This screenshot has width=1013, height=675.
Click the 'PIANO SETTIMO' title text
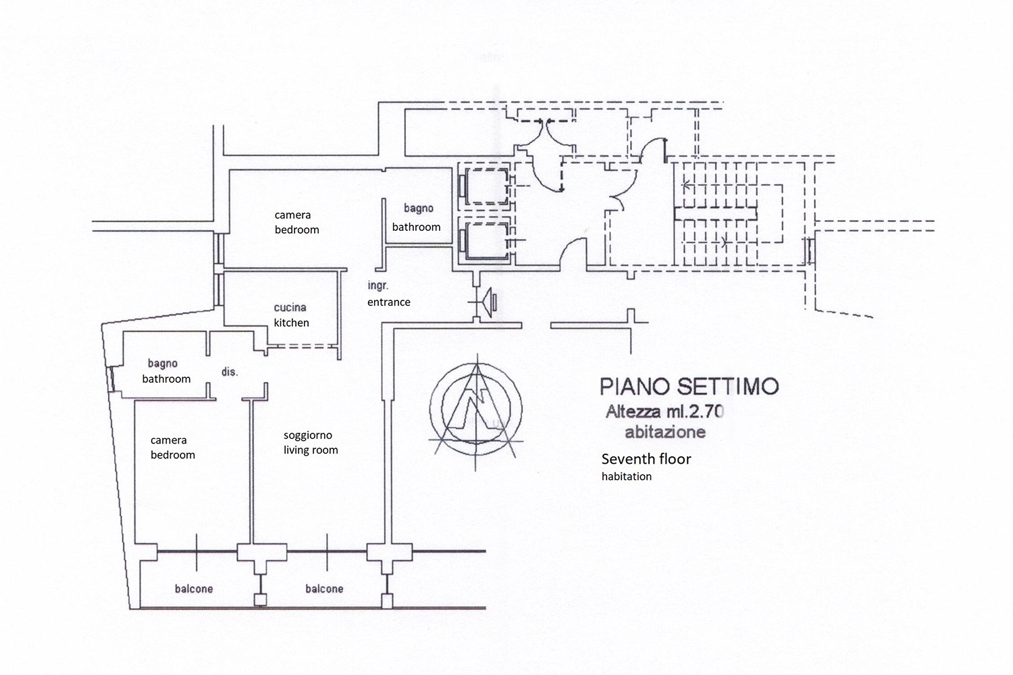click(689, 387)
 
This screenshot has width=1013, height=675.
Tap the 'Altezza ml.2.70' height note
click(665, 411)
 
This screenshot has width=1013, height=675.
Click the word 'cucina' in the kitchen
click(290, 308)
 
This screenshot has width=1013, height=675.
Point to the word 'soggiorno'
click(307, 435)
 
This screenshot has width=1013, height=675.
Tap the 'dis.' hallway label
click(230, 372)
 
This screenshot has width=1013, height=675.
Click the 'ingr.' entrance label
click(378, 286)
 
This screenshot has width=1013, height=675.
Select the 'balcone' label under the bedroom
click(194, 589)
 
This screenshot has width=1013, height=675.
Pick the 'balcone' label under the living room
click(324, 589)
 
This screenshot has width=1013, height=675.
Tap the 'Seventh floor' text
click(646, 460)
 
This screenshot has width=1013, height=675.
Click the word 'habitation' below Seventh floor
click(627, 477)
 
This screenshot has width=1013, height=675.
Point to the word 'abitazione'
click(665, 432)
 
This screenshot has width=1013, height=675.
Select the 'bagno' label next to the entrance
click(419, 209)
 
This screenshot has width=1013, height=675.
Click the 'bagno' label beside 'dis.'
click(162, 364)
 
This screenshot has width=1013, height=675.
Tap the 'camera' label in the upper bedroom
click(292, 215)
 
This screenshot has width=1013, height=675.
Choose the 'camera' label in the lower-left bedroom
click(168, 440)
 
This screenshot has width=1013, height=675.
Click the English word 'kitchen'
click(291, 323)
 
